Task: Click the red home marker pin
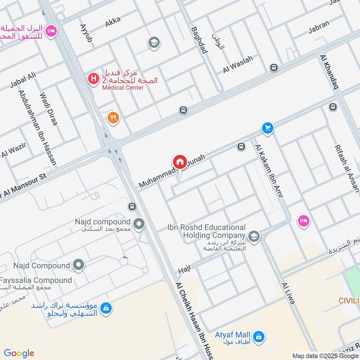coord(180,162)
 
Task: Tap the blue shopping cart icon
coord(268,129)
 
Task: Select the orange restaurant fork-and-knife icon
coord(113,118)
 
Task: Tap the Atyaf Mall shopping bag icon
coord(259,336)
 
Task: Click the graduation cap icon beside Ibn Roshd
coord(254,236)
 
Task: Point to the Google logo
coord(19,353)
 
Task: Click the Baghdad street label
coord(199,40)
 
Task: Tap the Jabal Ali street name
coord(22,81)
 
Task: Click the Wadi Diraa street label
coord(49,108)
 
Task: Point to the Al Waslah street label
coord(238,64)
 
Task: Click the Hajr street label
coord(185,269)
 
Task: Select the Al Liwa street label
coord(288,293)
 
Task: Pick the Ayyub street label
coord(85,33)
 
